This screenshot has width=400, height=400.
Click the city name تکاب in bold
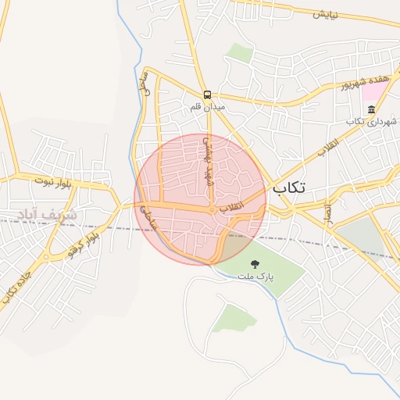point(290,188)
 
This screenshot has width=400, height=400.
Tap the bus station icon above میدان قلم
point(206,93)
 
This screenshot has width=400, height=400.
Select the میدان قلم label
point(208,105)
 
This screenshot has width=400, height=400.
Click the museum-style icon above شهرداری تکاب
point(370,109)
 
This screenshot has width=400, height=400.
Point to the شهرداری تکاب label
point(373,121)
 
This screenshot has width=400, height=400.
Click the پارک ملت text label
point(253,278)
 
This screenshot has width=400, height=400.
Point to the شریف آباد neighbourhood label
point(47,213)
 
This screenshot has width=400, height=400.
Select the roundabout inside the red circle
point(212,211)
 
